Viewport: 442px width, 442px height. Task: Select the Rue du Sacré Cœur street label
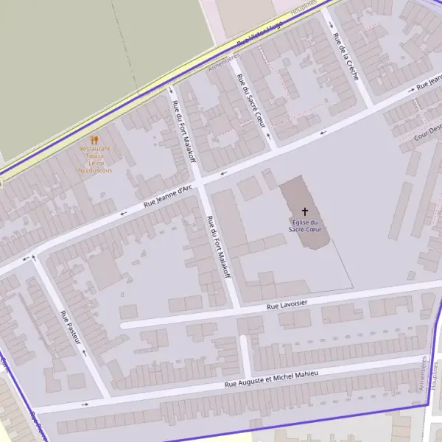(x=250, y=99)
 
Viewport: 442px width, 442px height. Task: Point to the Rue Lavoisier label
(x=287, y=303)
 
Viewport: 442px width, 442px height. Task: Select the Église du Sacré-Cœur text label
(x=304, y=226)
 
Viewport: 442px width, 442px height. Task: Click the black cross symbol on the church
(x=304, y=211)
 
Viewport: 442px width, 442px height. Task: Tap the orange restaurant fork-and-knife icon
(x=94, y=139)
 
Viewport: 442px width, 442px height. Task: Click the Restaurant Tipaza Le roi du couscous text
(x=94, y=159)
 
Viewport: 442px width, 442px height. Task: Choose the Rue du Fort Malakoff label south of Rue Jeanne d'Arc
(x=220, y=246)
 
